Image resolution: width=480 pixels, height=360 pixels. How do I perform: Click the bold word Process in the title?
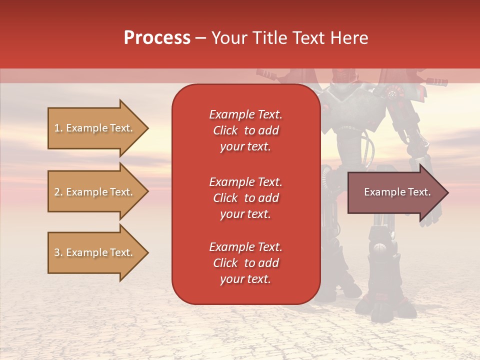click(157, 38)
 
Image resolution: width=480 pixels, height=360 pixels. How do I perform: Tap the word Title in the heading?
click(270, 38)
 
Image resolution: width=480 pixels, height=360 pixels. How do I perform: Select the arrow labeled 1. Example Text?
click(95, 128)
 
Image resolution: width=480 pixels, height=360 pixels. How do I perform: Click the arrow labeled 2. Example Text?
click(95, 192)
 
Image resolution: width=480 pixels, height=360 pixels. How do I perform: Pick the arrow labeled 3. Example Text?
click(95, 252)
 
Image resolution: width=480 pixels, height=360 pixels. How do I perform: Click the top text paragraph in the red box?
click(245, 130)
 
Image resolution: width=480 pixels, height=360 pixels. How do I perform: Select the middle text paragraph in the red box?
click(245, 198)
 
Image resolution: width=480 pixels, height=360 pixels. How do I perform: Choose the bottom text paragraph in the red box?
click(245, 263)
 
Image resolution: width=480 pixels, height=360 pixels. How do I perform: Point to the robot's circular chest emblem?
click(392, 94)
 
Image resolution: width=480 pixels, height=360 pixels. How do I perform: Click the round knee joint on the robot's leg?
click(379, 247)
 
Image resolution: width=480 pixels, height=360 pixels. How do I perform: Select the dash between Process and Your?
click(201, 38)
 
